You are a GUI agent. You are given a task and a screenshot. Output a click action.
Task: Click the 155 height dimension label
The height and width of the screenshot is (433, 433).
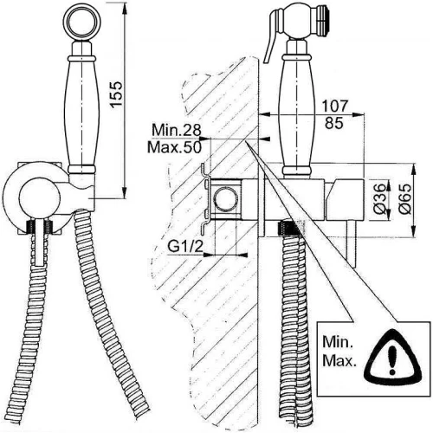pos(117,94)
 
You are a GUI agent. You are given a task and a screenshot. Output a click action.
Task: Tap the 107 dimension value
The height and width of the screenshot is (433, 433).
pos(334,106)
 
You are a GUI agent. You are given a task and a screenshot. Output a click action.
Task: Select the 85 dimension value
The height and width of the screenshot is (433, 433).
pos(334,123)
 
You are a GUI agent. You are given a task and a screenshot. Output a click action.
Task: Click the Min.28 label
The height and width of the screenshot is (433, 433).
pos(176,130)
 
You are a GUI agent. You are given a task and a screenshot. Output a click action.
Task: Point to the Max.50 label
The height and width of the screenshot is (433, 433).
pos(174,147)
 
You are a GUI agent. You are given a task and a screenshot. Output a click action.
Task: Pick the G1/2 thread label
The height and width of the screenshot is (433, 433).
pos(185,247)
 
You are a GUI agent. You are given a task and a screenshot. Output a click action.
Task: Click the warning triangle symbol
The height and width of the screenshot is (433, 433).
pos(392,354)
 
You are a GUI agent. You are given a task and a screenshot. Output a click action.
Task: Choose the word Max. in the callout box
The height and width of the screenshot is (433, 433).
pos(339,361)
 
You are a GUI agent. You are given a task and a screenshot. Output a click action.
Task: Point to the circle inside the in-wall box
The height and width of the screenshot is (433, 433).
pos(226,200)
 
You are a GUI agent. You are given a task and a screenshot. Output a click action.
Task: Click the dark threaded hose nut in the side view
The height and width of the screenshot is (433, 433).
pos(288,229)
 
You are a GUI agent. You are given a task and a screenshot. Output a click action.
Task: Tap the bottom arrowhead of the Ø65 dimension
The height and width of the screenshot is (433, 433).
pos(414,232)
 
